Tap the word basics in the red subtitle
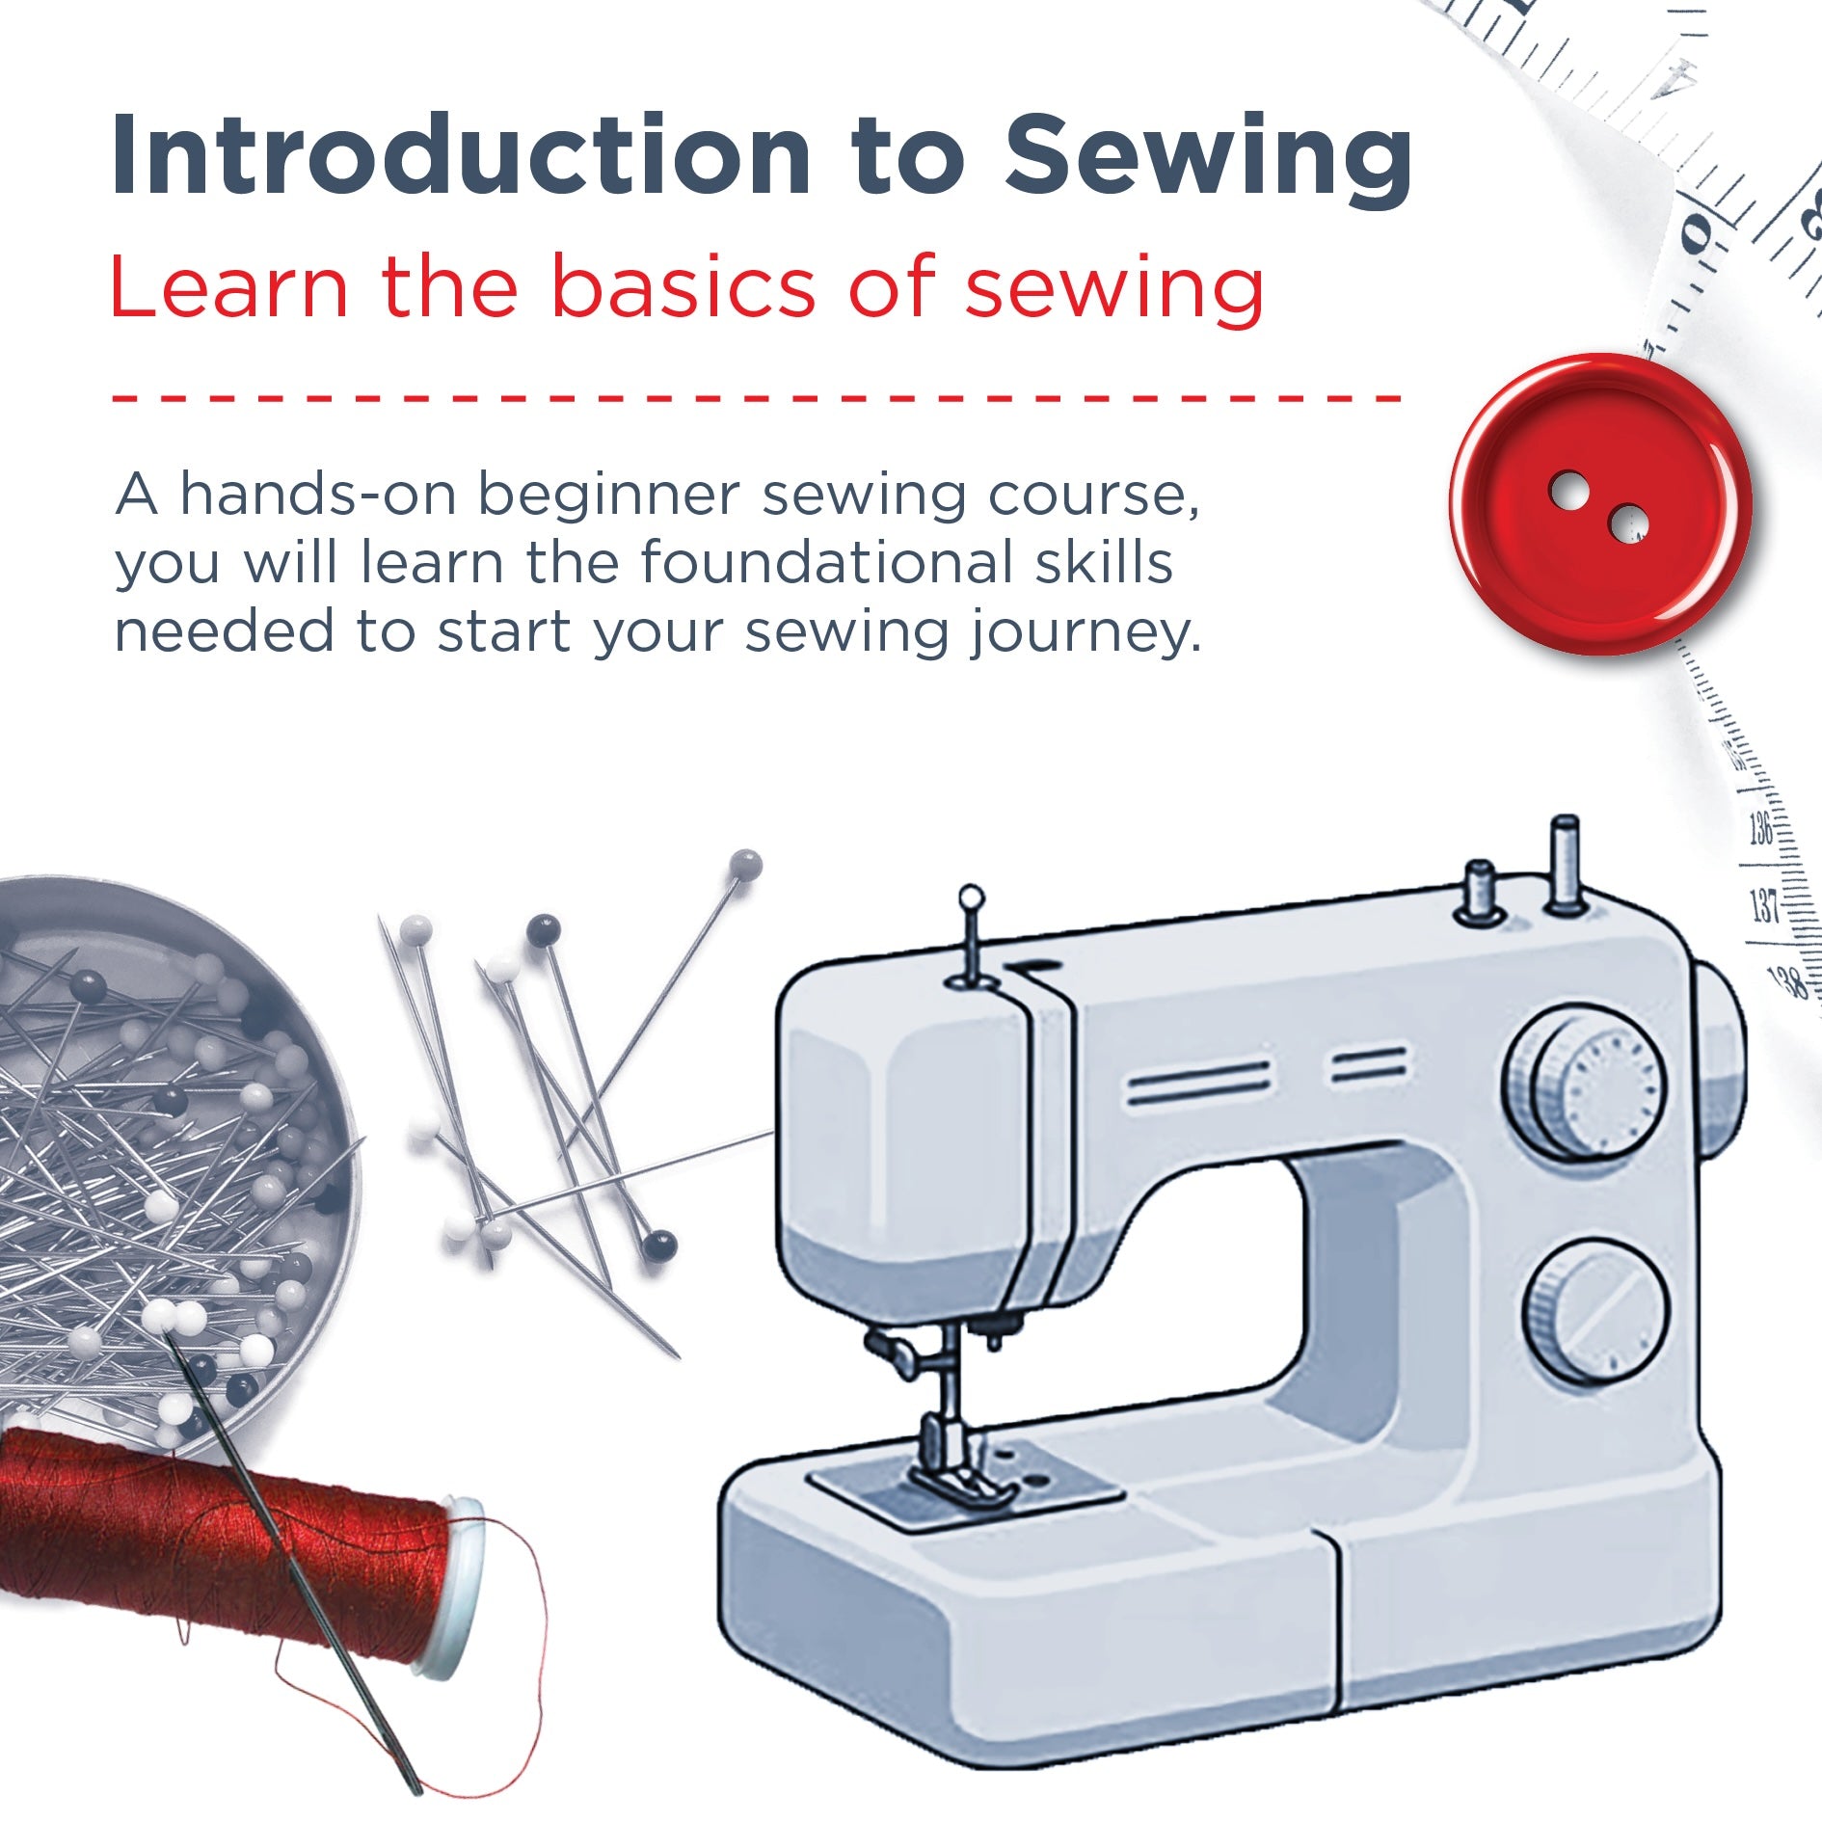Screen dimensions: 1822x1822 click(683, 286)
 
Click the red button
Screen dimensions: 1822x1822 click(1599, 503)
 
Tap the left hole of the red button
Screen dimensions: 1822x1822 click(1568, 489)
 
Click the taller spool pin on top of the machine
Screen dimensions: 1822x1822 click(1565, 864)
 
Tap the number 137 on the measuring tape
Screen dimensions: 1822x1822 click(1763, 906)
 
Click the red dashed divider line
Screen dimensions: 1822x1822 click(757, 396)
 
